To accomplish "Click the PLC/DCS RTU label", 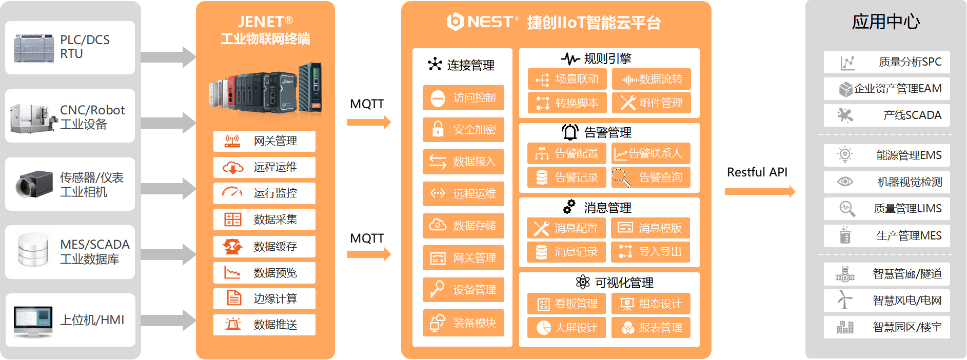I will tap(85, 47).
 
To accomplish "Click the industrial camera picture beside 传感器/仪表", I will tap(34, 184).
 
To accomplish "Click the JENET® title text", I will tap(265, 22).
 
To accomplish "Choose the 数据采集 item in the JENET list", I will tap(264, 219).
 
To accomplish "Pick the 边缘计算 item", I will tap(264, 298).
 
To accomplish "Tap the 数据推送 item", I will tap(264, 325).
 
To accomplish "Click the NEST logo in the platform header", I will tap(483, 22).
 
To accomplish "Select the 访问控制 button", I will tap(463, 98).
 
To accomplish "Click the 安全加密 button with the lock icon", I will tap(463, 130).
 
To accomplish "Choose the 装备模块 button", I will tap(463, 323).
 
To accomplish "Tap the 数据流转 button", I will tap(652, 79).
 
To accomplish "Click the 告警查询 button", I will tap(651, 177).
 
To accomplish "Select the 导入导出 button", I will tap(650, 252).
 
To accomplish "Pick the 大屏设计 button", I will tap(566, 328).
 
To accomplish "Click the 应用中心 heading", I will tap(886, 22).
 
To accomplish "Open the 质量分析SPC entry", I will tap(886, 62).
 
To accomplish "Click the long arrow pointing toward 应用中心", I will tap(760, 192).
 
